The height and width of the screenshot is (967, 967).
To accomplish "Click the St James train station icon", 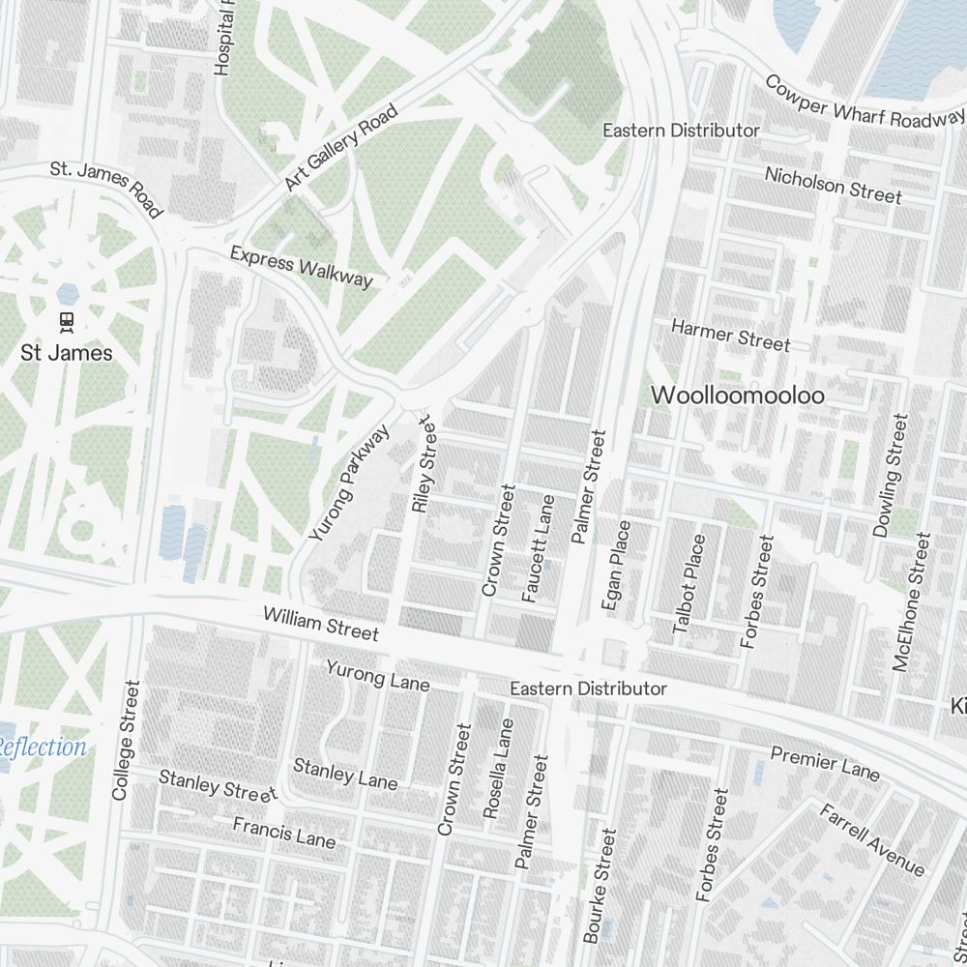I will tap(67, 320).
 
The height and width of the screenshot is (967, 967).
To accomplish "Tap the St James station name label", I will tap(67, 353).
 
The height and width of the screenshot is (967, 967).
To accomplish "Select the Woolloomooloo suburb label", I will tap(738, 396).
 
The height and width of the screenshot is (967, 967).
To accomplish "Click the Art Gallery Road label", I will tap(341, 148).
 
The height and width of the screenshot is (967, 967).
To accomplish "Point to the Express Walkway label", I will tap(301, 266).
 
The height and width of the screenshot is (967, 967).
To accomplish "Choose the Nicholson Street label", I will tap(833, 186).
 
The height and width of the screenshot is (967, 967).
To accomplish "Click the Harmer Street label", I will tap(730, 336).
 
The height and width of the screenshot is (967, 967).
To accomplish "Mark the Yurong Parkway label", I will tap(349, 482).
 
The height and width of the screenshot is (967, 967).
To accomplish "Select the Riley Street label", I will tap(425, 464).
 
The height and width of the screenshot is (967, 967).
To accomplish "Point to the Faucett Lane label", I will tap(539, 549).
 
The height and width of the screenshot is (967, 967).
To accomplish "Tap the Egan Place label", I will tap(616, 566).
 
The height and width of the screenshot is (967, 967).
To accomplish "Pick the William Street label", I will tap(320, 624).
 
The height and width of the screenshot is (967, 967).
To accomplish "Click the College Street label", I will tap(127, 740).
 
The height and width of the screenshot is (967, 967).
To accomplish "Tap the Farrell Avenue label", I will tap(871, 840).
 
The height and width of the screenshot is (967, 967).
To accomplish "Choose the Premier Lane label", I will tap(825, 763).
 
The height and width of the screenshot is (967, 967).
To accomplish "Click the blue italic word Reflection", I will tap(44, 747).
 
